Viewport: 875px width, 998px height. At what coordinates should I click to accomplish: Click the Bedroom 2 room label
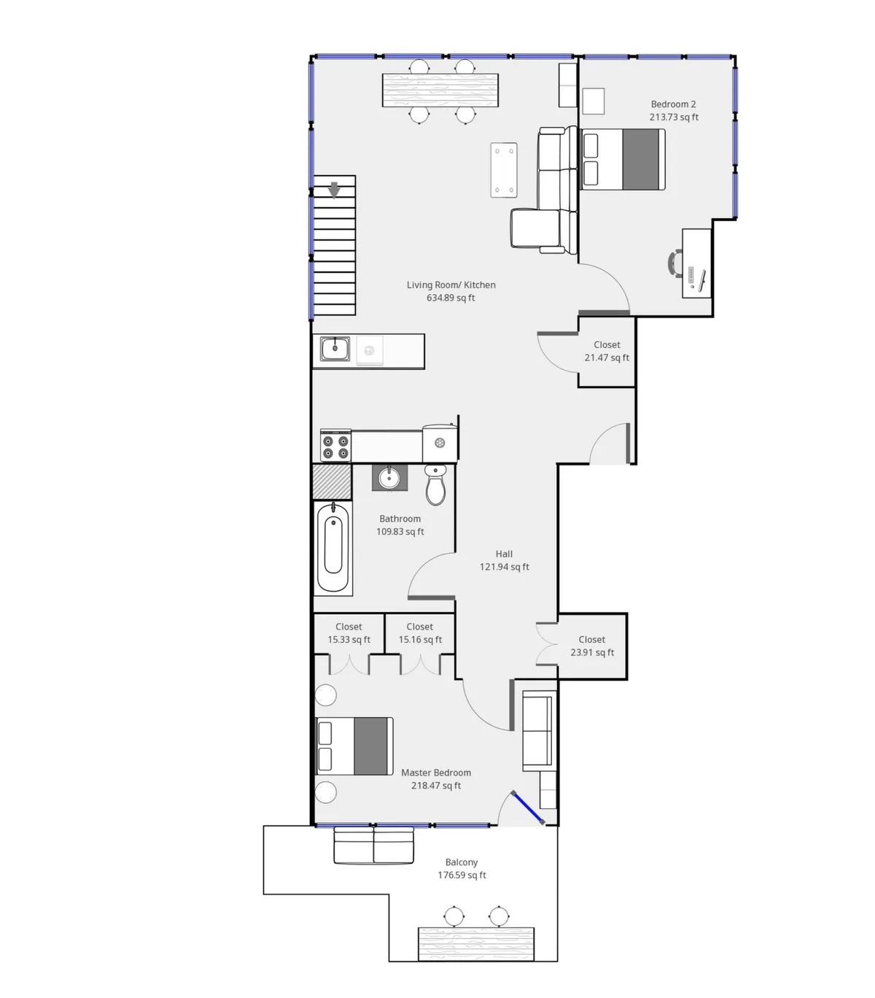pyautogui.click(x=673, y=104)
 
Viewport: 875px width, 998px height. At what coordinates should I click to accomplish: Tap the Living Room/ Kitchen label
pyautogui.click(x=451, y=285)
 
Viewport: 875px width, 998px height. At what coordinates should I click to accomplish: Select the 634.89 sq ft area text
pyautogui.click(x=451, y=298)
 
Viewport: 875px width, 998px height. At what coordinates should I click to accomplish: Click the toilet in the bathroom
pyautogui.click(x=435, y=485)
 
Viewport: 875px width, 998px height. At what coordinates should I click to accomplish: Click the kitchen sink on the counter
pyautogui.click(x=335, y=349)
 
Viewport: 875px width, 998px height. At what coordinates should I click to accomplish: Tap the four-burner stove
pyautogui.click(x=335, y=446)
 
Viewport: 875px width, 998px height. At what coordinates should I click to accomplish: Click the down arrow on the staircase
pyautogui.click(x=334, y=190)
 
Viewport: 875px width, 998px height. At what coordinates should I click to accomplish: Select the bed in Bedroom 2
pyautogui.click(x=623, y=159)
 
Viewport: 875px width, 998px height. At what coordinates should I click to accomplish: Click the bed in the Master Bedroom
pyautogui.click(x=354, y=746)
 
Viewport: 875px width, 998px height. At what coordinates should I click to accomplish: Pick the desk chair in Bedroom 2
pyautogui.click(x=675, y=263)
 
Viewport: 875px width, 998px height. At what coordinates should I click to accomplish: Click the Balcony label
pyautogui.click(x=462, y=862)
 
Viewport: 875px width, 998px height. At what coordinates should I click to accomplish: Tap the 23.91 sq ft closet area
pyautogui.click(x=592, y=652)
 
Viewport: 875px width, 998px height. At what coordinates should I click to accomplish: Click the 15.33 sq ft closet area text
pyautogui.click(x=349, y=640)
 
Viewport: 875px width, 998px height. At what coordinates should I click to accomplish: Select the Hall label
pyautogui.click(x=504, y=554)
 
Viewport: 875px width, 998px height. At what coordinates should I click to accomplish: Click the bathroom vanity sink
pyautogui.click(x=389, y=479)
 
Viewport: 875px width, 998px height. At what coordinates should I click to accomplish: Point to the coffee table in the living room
pyautogui.click(x=504, y=170)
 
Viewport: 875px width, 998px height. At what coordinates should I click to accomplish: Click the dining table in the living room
pyautogui.click(x=441, y=90)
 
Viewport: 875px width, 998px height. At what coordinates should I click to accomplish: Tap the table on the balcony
pyautogui.click(x=475, y=944)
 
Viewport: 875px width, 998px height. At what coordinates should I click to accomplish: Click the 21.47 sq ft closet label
pyautogui.click(x=607, y=357)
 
